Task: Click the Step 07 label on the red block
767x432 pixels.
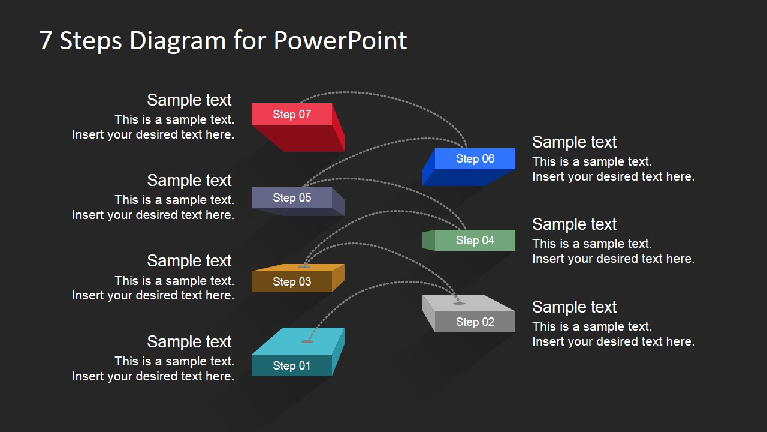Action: tap(292, 114)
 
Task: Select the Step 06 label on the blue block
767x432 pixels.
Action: tap(475, 158)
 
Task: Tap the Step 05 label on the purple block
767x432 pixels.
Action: tap(292, 197)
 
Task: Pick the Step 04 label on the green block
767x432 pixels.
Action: tap(475, 240)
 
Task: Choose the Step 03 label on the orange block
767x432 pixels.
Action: tap(292, 281)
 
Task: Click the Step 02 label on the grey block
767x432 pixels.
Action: tap(475, 322)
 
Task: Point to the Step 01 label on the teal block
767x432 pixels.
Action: tap(292, 365)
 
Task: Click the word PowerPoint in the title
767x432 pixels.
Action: tap(340, 41)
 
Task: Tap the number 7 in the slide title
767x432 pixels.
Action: tap(46, 41)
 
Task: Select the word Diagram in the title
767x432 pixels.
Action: tap(177, 41)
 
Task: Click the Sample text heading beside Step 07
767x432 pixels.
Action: tap(189, 100)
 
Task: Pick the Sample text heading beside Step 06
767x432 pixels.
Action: tap(574, 142)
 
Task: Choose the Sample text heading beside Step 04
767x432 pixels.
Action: tap(574, 224)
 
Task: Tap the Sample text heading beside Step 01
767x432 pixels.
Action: tap(189, 341)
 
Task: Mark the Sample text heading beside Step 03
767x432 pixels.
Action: tap(189, 260)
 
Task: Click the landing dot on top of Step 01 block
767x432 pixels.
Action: tap(307, 341)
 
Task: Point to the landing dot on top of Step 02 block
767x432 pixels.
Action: tap(459, 303)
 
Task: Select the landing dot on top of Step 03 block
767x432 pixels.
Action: tap(304, 266)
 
